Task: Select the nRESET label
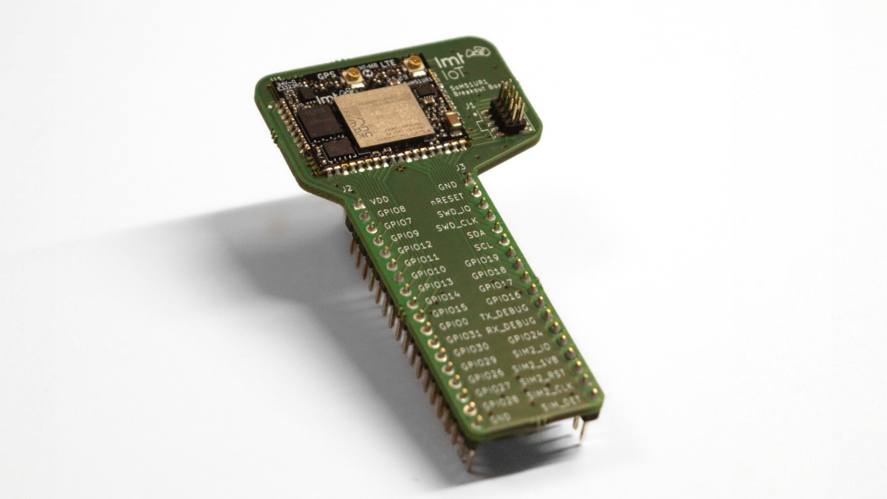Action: pos(448,198)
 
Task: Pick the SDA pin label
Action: pos(476,234)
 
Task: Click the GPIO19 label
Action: pos(481,261)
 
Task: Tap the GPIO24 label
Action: pos(525,338)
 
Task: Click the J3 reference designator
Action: pos(460,167)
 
